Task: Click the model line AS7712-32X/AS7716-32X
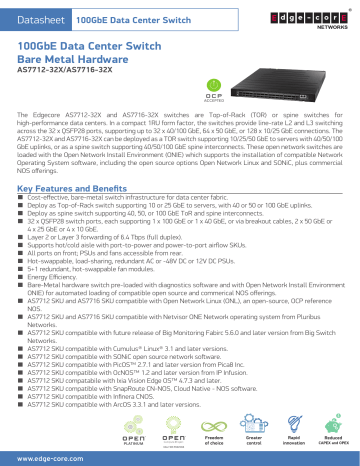[x=65, y=75]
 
